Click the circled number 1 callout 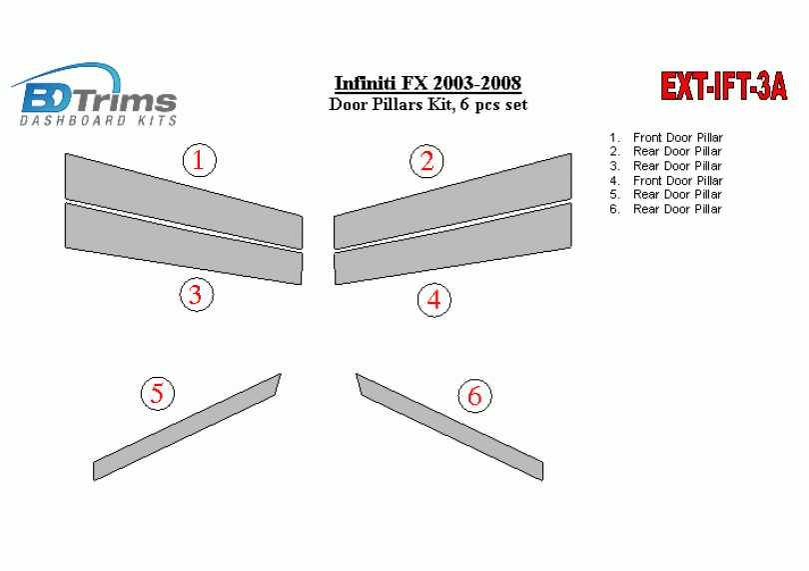(x=199, y=160)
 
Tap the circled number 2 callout (x=426, y=161)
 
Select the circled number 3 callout (x=197, y=295)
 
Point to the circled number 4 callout (x=433, y=300)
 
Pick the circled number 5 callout (x=158, y=393)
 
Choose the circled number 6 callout (x=474, y=396)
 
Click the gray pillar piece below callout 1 (x=184, y=200)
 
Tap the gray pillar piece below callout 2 (x=452, y=200)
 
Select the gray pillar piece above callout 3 (x=184, y=243)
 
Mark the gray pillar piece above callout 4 (x=452, y=243)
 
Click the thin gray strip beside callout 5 (x=187, y=427)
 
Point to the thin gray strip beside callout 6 (x=449, y=427)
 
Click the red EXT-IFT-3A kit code (x=724, y=86)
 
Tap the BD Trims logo (x=95, y=95)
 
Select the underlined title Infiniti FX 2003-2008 (x=427, y=83)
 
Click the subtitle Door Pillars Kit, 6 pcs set (x=428, y=104)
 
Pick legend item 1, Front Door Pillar (x=666, y=137)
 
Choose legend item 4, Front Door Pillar (x=666, y=180)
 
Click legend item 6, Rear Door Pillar (x=665, y=209)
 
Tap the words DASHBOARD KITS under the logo (x=99, y=120)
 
